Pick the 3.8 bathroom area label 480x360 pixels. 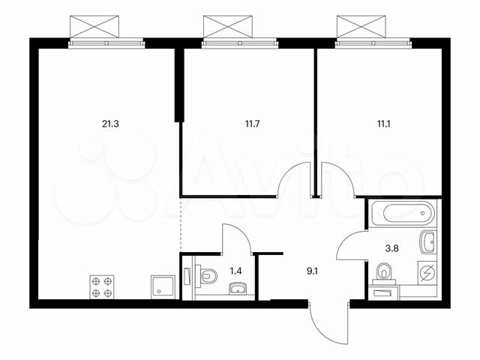[x=390, y=243]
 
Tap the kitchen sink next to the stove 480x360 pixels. [x=163, y=286]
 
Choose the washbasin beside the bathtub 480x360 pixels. [x=427, y=242]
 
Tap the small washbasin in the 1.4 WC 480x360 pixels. [x=238, y=288]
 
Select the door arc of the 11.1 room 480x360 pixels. [x=334, y=180]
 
